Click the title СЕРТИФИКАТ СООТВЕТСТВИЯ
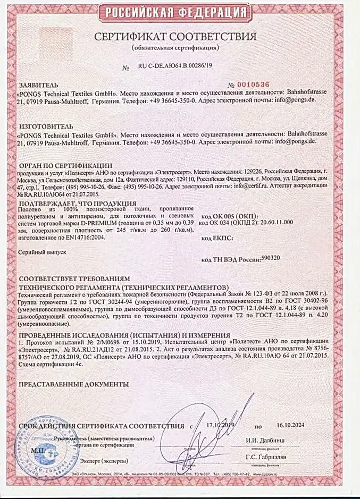[x=175, y=37]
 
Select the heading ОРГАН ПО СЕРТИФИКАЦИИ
[x=65, y=165]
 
